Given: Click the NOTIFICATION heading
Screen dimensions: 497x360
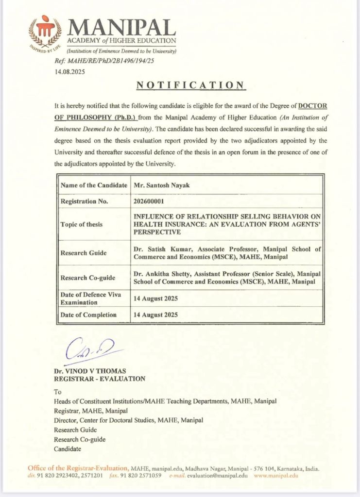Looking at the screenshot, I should pos(190,85).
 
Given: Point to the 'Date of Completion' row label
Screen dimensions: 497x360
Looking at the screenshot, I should pos(88,315).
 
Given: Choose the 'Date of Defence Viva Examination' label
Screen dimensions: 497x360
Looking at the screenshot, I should pos(90,298).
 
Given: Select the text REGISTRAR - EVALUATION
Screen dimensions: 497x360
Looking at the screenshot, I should pos(100,379).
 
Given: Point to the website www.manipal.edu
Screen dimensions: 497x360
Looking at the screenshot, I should pos(276,476).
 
